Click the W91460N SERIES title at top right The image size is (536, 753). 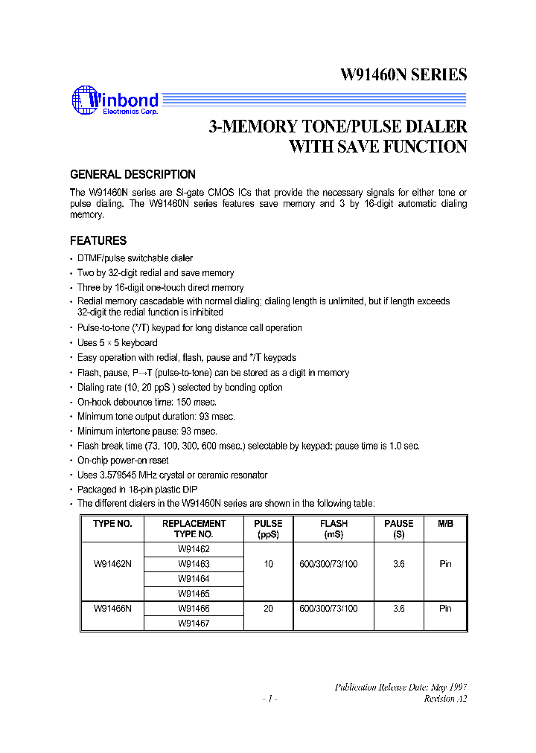(403, 75)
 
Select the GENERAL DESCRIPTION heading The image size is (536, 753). (133, 175)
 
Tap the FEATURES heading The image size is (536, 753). (98, 241)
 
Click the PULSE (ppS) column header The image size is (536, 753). (268, 528)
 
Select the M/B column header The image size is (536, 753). (445, 524)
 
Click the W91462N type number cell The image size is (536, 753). (112, 564)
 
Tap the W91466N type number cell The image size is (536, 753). (112, 609)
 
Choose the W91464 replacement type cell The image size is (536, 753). (194, 579)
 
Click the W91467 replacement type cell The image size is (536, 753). (194, 624)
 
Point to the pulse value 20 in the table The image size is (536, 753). (268, 609)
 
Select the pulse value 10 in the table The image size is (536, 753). (268, 564)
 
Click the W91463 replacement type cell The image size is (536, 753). (194, 564)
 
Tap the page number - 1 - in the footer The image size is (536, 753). (269, 699)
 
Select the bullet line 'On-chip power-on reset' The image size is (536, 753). (124, 461)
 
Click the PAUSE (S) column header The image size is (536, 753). (398, 528)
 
